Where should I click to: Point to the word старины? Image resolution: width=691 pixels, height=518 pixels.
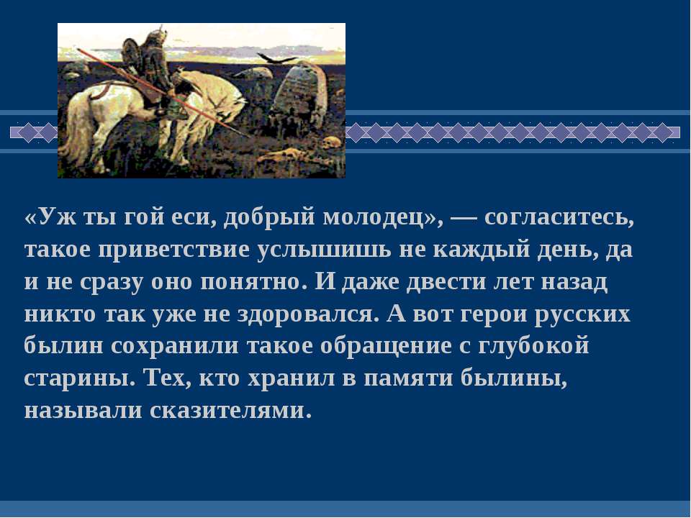pos(79,380)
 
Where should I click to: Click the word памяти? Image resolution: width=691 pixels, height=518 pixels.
pos(409,379)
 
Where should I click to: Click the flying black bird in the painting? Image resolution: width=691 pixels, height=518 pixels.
pos(276,58)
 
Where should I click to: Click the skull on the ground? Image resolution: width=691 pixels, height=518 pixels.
pos(331,142)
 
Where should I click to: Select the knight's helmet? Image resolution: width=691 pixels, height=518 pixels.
pos(155,36)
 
